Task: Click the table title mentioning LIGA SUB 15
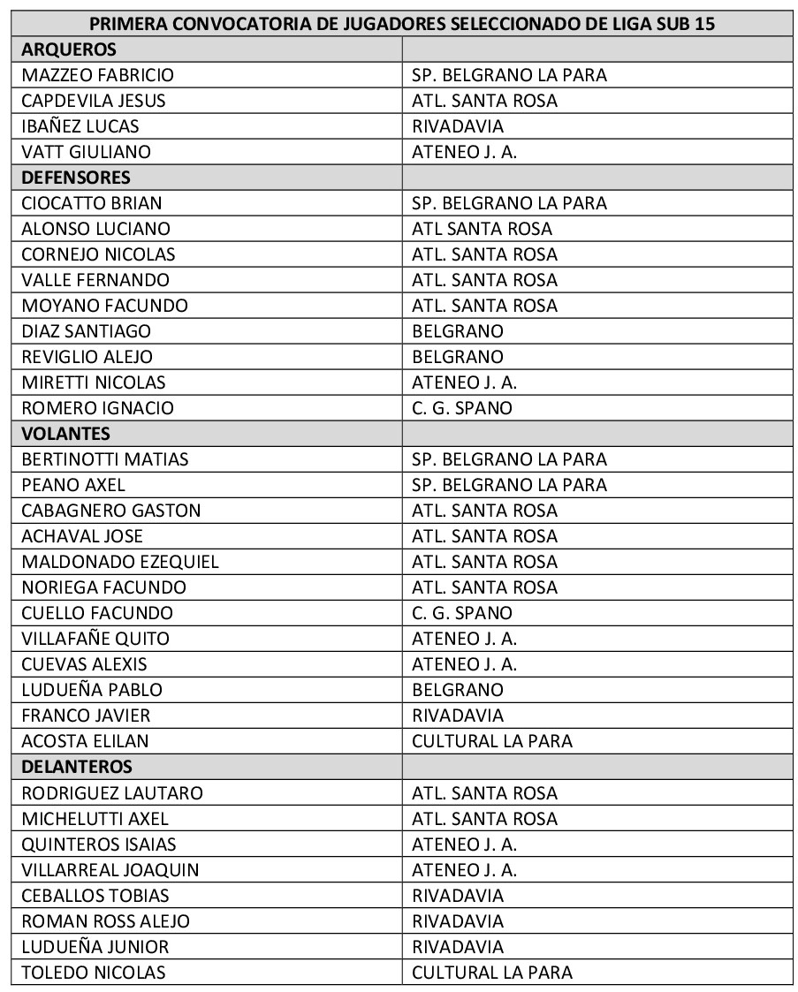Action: pyautogui.click(x=402, y=24)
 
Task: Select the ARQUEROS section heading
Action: pyautogui.click(x=69, y=49)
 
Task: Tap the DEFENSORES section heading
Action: pyautogui.click(x=76, y=178)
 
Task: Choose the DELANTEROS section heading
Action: pyautogui.click(x=77, y=767)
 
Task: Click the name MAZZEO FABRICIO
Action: pyautogui.click(x=98, y=75)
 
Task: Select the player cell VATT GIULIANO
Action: pyautogui.click(x=87, y=152)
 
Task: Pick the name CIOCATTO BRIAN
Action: pyautogui.click(x=92, y=203)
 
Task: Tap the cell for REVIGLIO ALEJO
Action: pyautogui.click(x=87, y=357)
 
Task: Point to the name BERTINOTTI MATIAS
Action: pyautogui.click(x=105, y=459)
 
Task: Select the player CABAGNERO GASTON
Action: pyautogui.click(x=111, y=511)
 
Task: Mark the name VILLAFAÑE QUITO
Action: pyautogui.click(x=95, y=639)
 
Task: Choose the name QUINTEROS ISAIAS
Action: pyautogui.click(x=99, y=844)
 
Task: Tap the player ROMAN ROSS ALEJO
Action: pyautogui.click(x=106, y=920)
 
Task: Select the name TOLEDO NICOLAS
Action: pyautogui.click(x=94, y=973)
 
